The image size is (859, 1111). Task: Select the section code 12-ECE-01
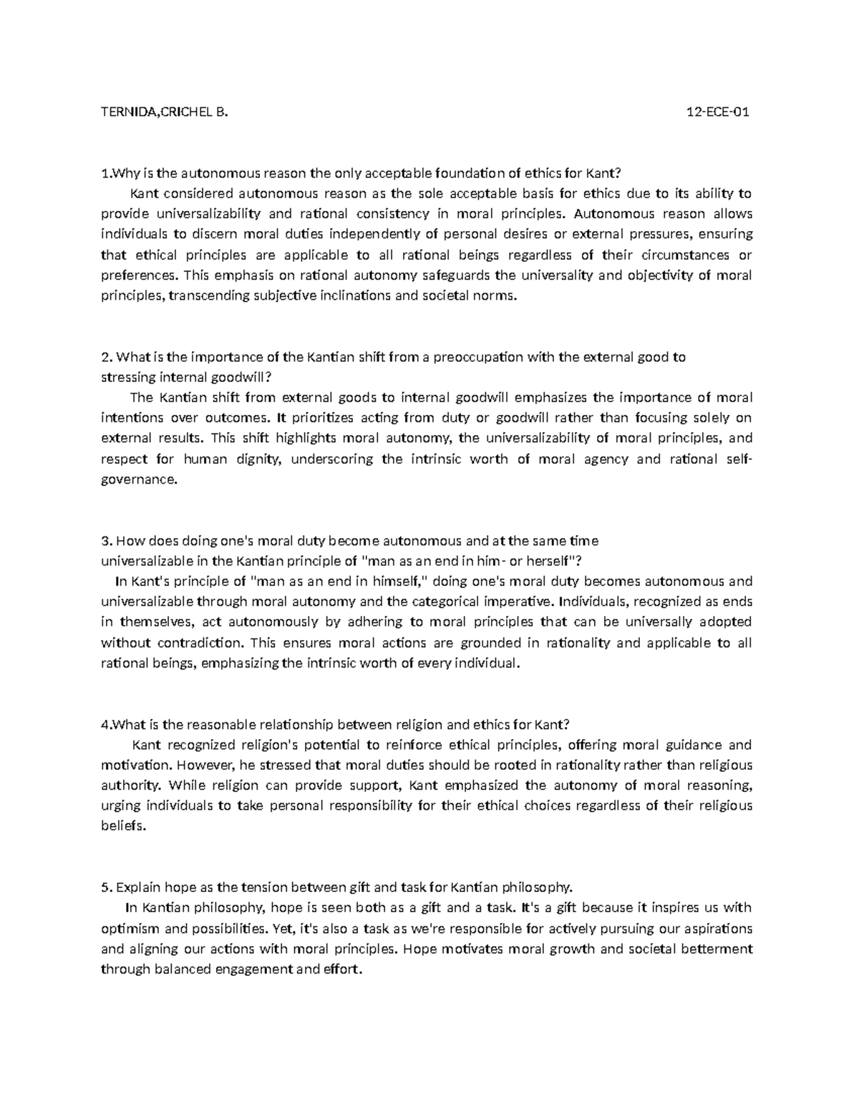[x=718, y=112]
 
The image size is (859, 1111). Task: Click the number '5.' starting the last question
[x=107, y=888]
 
